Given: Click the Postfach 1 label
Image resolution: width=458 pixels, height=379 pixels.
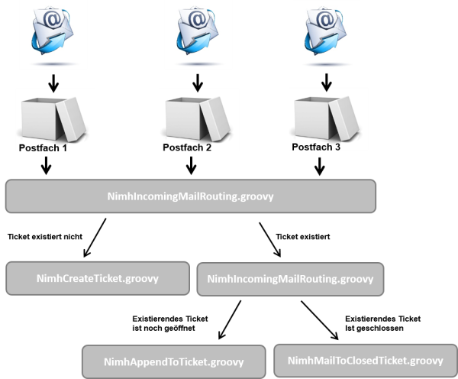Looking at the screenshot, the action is click(43, 148).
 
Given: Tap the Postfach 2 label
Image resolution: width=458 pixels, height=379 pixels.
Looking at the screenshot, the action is click(187, 147).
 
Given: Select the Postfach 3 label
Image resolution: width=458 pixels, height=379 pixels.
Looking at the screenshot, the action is click(316, 147).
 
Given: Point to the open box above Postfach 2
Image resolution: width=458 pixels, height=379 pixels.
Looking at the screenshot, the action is click(198, 119).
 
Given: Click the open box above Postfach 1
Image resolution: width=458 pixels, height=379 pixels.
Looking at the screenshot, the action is click(53, 119).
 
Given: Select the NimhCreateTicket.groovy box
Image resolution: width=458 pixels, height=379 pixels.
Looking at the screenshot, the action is click(98, 278).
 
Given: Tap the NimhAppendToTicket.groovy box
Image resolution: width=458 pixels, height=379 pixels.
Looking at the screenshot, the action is click(174, 361).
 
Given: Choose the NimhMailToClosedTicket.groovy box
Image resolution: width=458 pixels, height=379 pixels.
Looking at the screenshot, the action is click(366, 361).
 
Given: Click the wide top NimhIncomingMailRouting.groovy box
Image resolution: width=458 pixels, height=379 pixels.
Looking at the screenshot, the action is click(191, 196).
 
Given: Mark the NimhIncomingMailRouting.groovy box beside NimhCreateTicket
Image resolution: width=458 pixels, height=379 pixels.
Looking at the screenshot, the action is click(290, 279).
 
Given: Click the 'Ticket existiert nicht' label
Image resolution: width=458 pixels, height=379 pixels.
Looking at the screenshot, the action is click(45, 237).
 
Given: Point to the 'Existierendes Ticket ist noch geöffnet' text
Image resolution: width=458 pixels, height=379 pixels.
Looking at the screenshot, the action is click(170, 323).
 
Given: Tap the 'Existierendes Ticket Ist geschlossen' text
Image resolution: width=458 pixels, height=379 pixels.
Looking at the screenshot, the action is click(382, 323).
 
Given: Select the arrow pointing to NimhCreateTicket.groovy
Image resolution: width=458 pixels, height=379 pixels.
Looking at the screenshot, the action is click(95, 238).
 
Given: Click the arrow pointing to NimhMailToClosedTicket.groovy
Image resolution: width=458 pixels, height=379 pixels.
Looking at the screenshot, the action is click(320, 320).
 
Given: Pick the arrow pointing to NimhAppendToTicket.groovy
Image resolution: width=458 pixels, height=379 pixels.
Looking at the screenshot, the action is click(230, 319).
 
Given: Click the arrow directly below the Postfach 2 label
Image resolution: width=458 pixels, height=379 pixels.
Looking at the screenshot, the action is click(191, 166).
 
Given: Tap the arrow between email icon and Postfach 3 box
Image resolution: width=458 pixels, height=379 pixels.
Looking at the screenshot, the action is click(326, 83).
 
